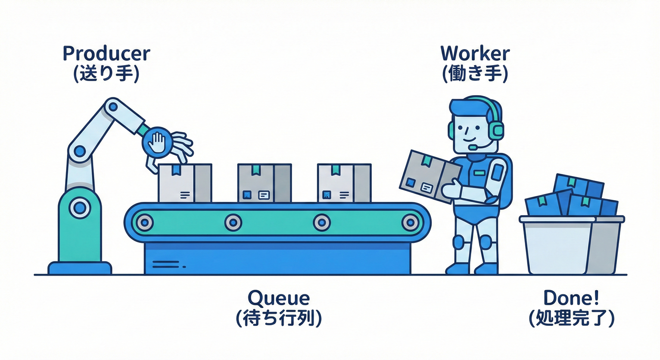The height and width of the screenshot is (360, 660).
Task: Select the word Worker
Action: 474,54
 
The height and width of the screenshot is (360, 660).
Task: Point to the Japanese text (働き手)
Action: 474,75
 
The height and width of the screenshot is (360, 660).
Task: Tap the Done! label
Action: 570,298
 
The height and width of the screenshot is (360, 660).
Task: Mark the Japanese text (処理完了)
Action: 570,319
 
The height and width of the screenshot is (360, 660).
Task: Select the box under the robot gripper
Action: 184,183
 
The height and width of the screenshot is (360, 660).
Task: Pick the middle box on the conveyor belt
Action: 264,183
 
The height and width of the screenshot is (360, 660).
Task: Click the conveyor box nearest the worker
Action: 344,183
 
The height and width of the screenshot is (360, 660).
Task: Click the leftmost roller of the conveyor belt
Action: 145,222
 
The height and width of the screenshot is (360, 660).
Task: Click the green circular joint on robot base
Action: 80,207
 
